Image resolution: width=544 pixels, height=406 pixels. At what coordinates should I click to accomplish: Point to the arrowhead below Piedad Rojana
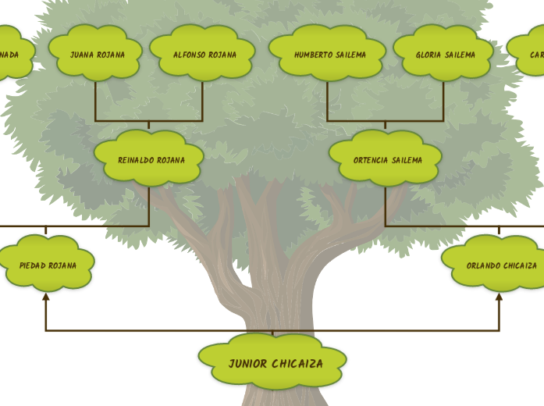(46, 297)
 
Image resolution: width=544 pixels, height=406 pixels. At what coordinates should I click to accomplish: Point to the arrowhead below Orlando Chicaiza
(499, 297)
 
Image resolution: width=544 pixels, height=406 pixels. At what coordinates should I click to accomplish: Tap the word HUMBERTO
(313, 55)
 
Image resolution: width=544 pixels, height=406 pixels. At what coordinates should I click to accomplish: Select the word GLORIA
(428, 55)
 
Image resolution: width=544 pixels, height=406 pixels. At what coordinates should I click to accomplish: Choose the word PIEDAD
(32, 265)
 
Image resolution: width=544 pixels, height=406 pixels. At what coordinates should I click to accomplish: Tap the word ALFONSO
(187, 55)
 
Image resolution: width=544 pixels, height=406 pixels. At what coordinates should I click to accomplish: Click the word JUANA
(81, 55)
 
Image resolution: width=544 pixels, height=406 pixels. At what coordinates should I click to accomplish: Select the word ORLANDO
(483, 265)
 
